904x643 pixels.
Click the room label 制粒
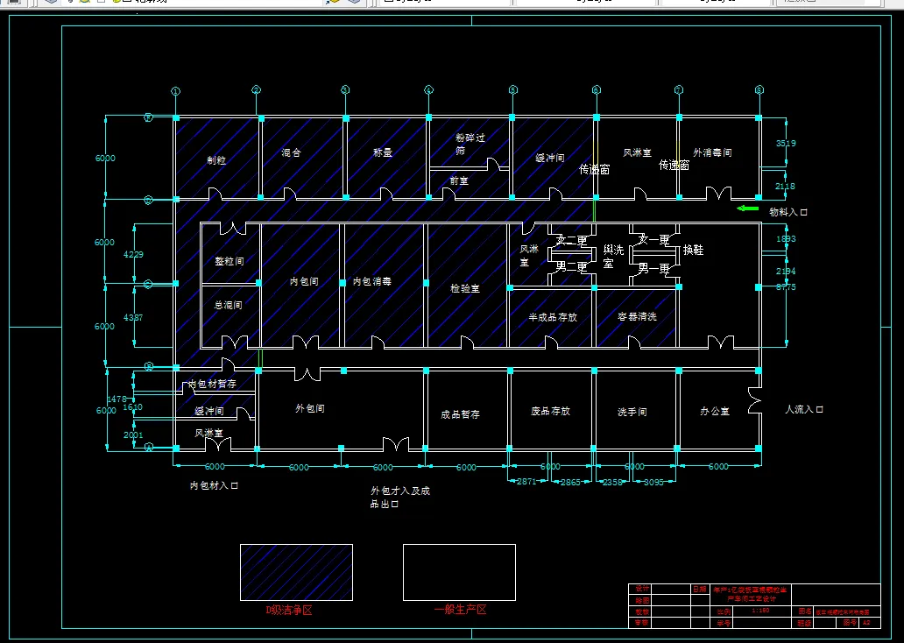[x=216, y=160]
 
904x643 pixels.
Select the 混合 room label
[x=292, y=152]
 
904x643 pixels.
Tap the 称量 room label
[x=383, y=152]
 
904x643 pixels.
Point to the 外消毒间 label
[x=712, y=152]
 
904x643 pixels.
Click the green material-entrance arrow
[x=747, y=208]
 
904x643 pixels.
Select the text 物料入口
[x=788, y=212]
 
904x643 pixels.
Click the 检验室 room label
[x=465, y=288]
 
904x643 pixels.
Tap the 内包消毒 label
[x=371, y=282]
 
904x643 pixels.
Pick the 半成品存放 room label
[x=553, y=317]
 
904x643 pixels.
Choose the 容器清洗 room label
[x=637, y=317]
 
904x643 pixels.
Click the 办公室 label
[x=715, y=411]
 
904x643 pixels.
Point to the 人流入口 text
[x=804, y=409]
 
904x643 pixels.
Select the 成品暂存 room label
[x=461, y=414]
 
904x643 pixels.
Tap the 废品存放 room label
[x=551, y=411]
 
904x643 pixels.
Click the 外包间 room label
[x=310, y=408]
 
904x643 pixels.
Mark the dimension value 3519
[x=786, y=143]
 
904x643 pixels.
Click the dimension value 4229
[x=133, y=255]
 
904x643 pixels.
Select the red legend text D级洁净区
[x=290, y=611]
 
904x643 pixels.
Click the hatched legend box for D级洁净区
[x=297, y=572]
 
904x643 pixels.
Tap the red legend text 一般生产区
[x=460, y=610]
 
